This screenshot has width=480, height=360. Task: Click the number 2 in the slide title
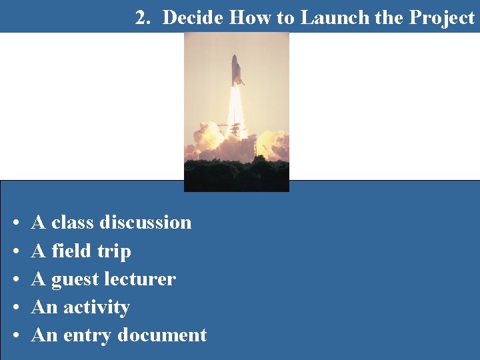(x=141, y=18)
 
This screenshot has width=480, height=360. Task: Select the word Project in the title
(x=441, y=18)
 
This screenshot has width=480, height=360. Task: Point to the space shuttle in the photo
(x=237, y=71)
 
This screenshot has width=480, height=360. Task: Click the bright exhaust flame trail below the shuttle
(x=236, y=110)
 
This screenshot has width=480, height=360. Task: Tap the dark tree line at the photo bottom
(x=236, y=175)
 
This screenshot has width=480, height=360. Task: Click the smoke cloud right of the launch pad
(x=272, y=143)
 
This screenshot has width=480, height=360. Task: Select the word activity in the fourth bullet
(x=96, y=307)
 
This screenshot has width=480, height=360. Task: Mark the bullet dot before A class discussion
(x=15, y=223)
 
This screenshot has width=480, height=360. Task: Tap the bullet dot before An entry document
(x=15, y=336)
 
